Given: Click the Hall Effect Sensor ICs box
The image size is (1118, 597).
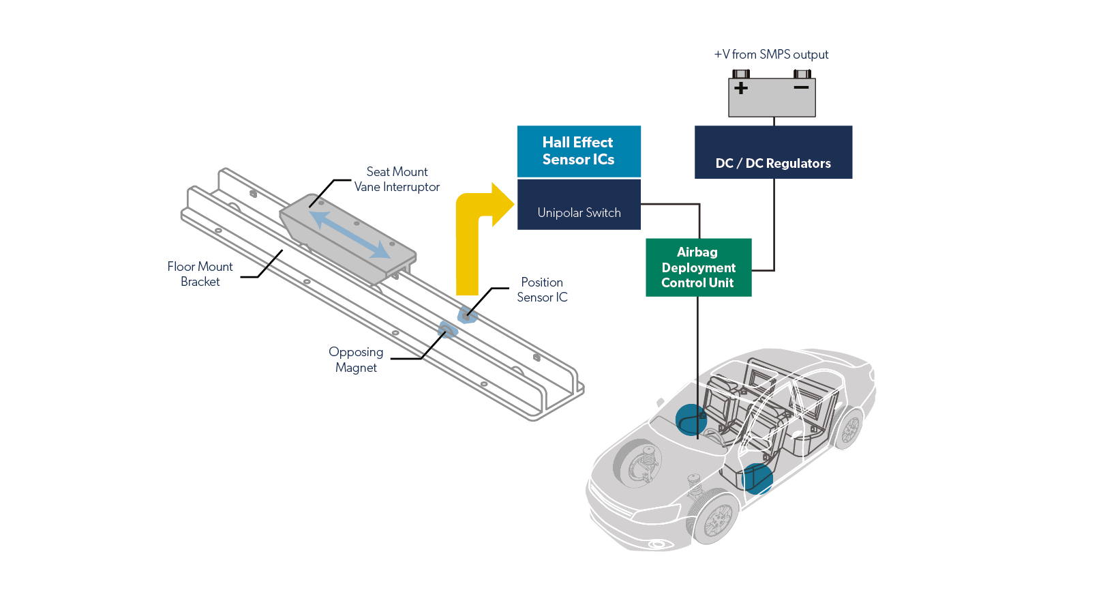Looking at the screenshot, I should tap(579, 151).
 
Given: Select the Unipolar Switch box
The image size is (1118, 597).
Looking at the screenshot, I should tap(579, 205).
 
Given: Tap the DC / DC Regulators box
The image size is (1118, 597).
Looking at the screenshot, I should tap(773, 152).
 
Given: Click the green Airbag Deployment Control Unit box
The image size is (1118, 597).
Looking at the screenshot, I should tap(698, 267).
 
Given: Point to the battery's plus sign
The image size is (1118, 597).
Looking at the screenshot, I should tap(741, 88).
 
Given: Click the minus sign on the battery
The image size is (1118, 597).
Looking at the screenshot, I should tap(801, 87).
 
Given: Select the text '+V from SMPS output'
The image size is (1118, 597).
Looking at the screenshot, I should tap(771, 55).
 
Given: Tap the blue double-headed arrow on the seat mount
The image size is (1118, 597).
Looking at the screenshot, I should tap(350, 234).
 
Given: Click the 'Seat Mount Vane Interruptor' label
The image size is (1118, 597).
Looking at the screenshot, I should tap(397, 179).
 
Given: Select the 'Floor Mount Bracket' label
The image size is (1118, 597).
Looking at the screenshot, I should tap(200, 274).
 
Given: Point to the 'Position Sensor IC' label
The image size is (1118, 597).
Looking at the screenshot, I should tap(542, 289).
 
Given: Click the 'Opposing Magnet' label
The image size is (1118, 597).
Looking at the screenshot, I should tap(356, 360).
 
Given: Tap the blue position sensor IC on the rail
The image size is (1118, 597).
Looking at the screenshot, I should tap(467, 315).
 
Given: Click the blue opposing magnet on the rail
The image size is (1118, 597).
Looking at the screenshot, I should tap(448, 331).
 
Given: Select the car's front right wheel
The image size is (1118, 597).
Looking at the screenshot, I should tap(715, 519).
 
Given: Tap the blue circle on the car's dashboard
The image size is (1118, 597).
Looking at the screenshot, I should tap(691, 420).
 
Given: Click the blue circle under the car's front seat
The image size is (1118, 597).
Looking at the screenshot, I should tap(757, 478).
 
